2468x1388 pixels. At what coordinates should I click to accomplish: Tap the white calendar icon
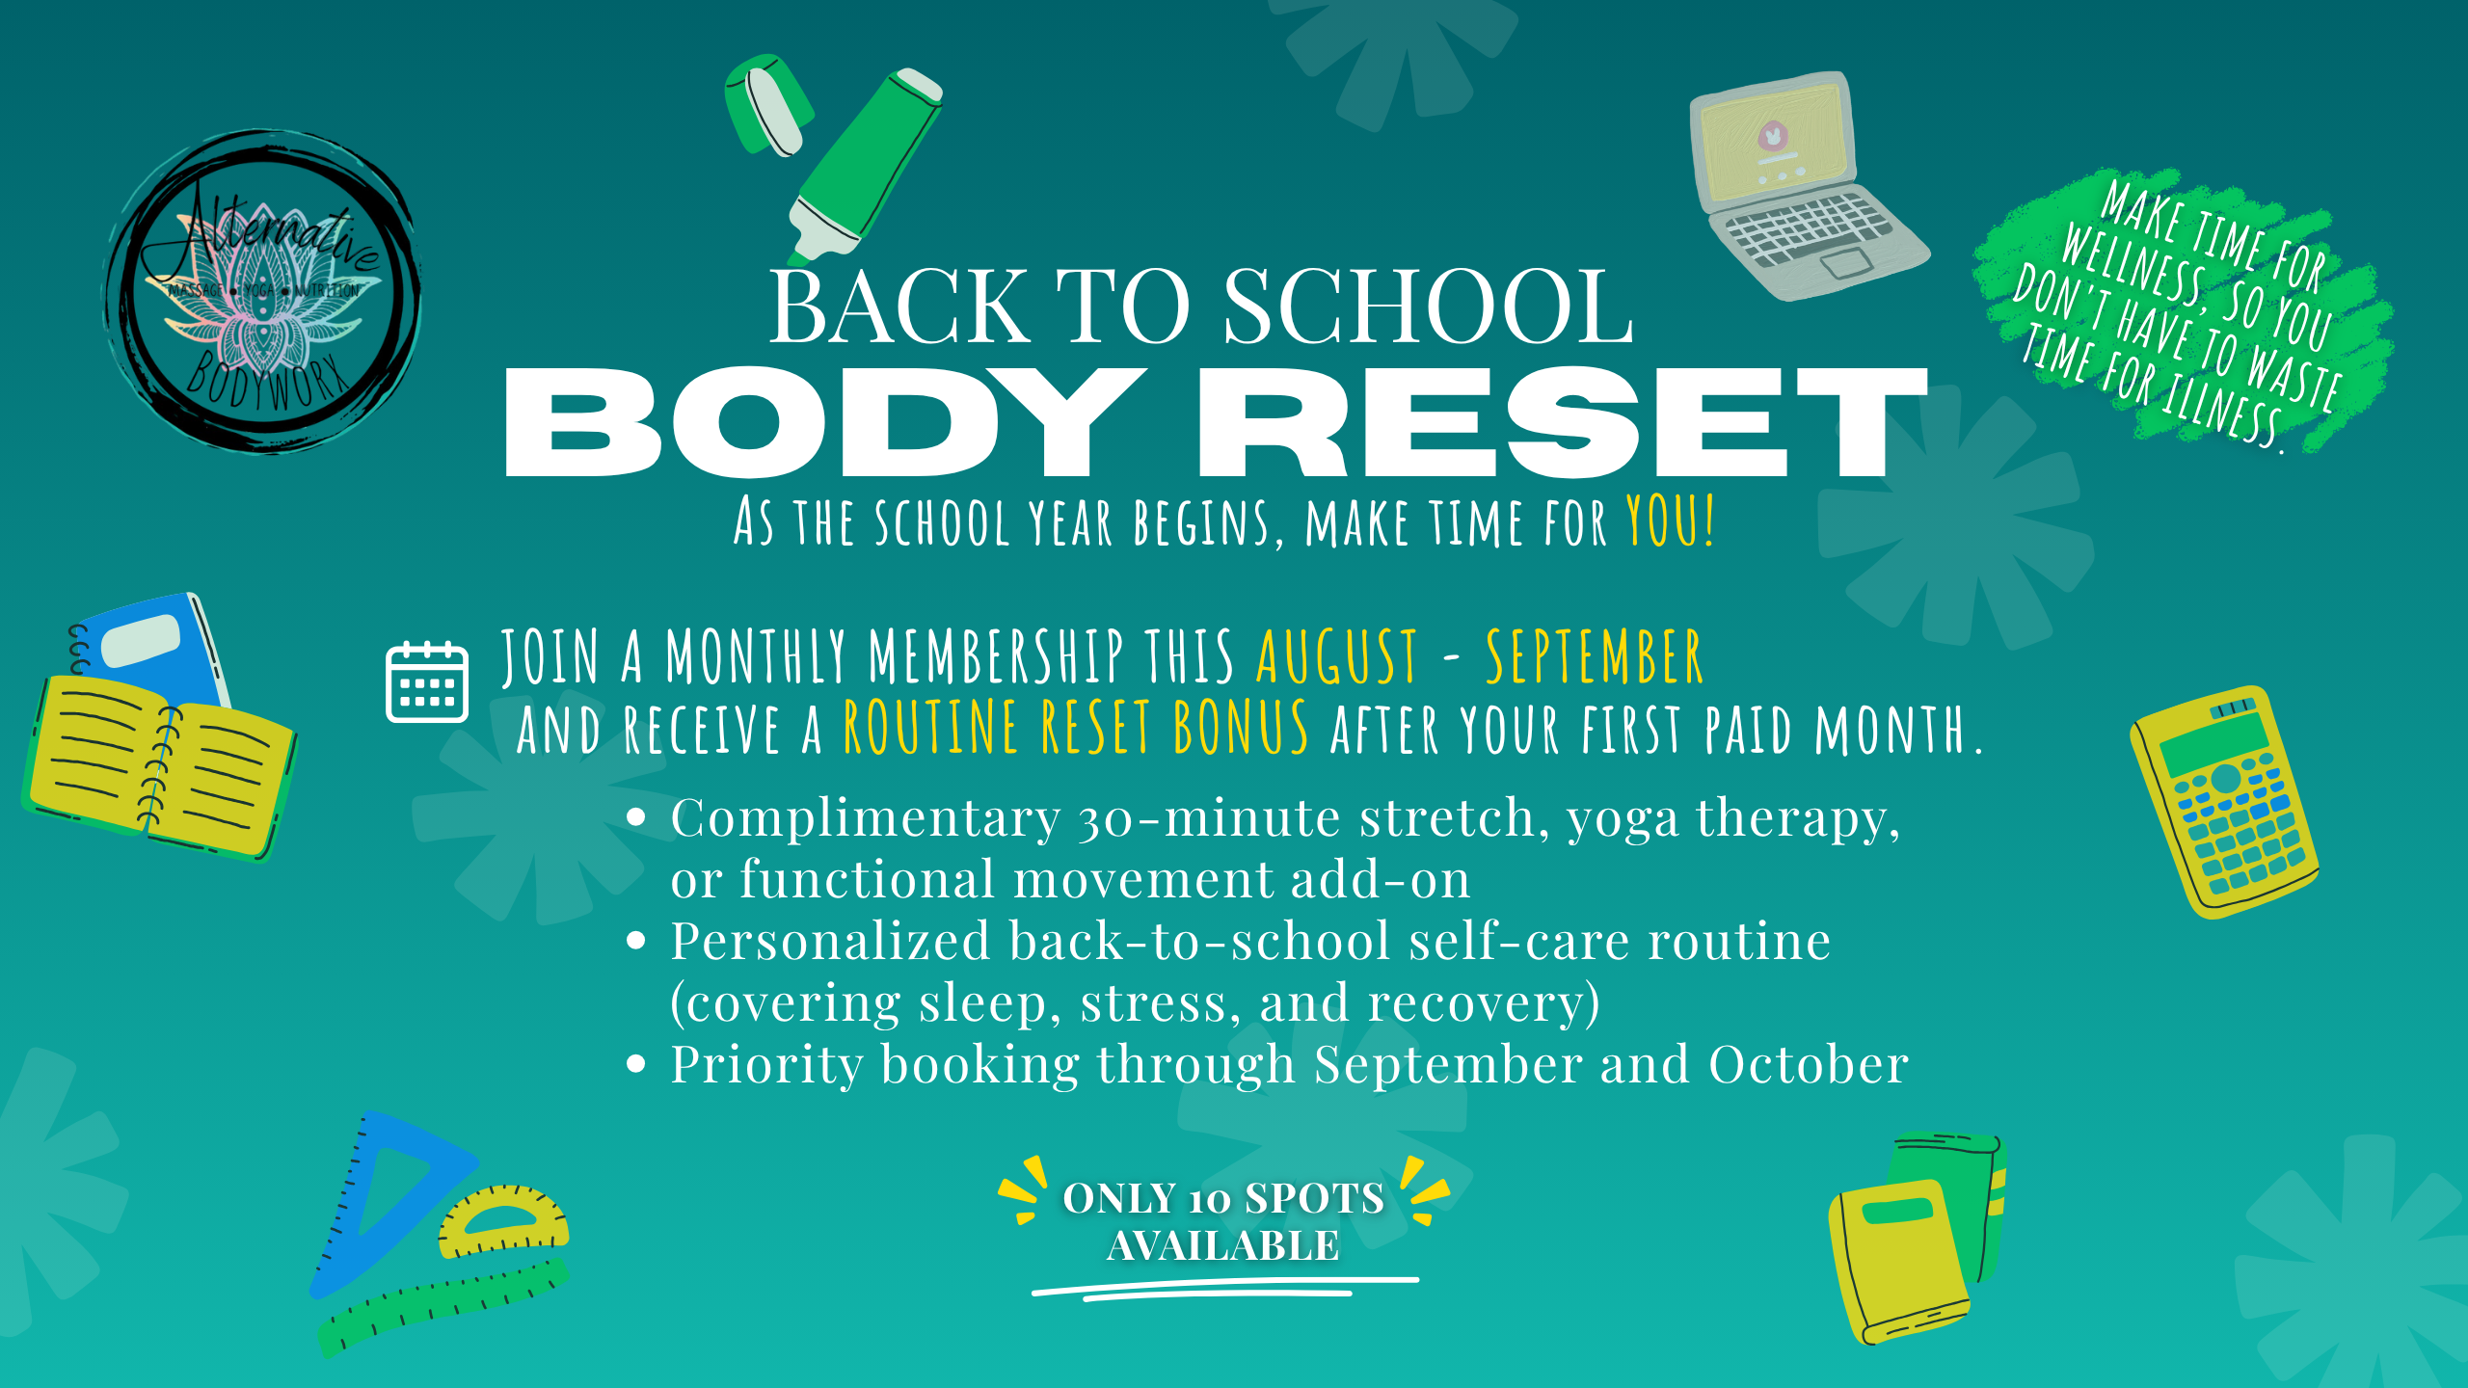427,681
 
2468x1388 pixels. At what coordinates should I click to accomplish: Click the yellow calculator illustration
2224,802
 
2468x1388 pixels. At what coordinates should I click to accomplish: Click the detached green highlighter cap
768,104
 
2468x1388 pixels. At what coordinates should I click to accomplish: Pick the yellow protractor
503,1221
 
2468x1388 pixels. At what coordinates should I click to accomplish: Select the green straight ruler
444,1306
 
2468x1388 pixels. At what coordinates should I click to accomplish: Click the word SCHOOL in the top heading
1429,307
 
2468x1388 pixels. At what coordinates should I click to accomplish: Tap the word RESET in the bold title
1563,422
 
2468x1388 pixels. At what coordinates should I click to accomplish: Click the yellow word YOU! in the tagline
1671,521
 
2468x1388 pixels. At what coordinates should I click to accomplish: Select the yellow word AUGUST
1337,656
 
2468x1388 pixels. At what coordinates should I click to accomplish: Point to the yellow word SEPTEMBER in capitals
1595,656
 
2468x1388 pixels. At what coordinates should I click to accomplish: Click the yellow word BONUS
1241,727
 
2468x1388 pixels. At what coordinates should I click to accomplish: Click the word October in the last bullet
1809,1065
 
